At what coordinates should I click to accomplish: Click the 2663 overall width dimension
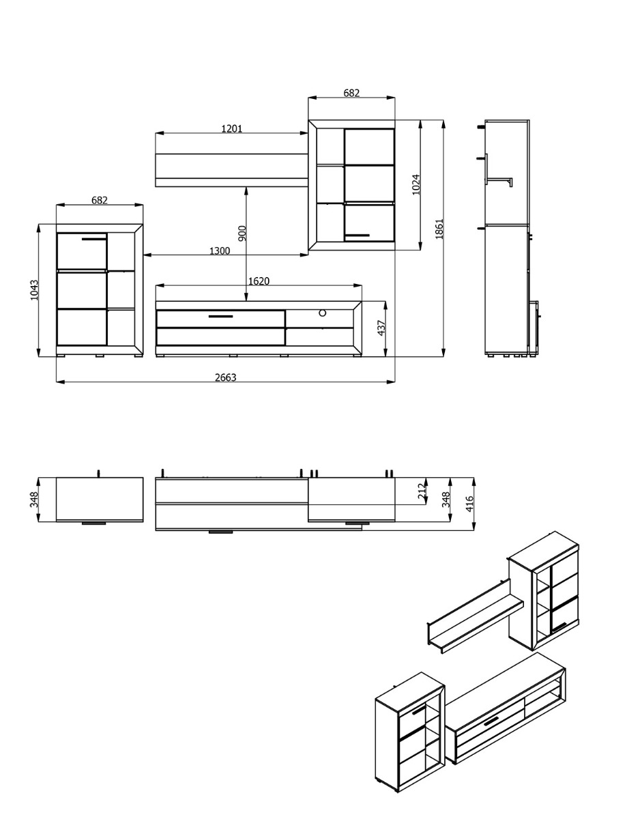(x=226, y=377)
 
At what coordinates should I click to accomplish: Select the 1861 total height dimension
(x=439, y=229)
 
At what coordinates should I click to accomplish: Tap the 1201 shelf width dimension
(x=232, y=129)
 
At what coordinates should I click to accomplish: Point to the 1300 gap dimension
(x=220, y=250)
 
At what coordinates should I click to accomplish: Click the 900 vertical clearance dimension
(x=242, y=233)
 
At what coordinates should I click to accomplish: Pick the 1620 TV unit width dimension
(x=259, y=281)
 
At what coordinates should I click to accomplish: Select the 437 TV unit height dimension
(x=381, y=328)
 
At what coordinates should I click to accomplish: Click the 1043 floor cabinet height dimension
(x=34, y=290)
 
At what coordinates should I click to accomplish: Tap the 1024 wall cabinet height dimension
(x=416, y=184)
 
